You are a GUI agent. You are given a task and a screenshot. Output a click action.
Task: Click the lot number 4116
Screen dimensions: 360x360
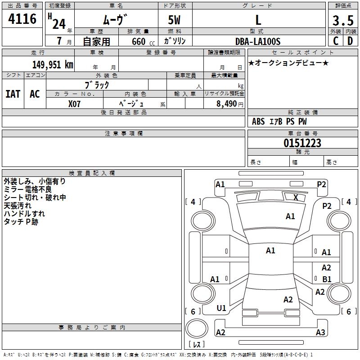(x=22, y=19)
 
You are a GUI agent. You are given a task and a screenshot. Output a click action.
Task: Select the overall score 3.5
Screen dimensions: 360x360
(x=342, y=21)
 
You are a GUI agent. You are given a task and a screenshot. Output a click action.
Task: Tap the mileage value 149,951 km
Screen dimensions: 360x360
(x=53, y=65)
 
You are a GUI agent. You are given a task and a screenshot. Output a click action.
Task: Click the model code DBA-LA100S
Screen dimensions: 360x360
(x=258, y=41)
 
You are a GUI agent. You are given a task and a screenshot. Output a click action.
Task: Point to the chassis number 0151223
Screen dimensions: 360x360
(x=302, y=144)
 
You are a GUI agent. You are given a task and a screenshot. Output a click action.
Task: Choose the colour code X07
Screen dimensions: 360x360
(x=74, y=103)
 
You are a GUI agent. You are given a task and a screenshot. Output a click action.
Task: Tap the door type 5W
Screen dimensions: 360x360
(x=174, y=21)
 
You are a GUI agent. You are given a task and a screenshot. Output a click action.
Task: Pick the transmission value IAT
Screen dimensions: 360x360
(x=13, y=94)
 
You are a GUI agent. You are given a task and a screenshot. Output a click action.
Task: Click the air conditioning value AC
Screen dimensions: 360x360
(x=35, y=94)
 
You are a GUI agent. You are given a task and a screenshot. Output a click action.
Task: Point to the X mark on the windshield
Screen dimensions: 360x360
(x=296, y=197)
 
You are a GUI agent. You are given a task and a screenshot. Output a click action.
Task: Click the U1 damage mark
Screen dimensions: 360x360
(x=221, y=308)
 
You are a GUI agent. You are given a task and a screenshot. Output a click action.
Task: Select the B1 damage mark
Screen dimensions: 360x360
(x=327, y=279)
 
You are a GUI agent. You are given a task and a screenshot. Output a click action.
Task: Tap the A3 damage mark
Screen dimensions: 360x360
(x=320, y=333)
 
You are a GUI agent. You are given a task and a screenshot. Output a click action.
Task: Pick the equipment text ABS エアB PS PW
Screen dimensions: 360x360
(x=279, y=121)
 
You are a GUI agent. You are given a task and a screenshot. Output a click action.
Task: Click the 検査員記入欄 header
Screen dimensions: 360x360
(x=92, y=173)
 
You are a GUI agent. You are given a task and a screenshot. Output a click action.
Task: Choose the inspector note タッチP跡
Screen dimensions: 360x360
(x=21, y=222)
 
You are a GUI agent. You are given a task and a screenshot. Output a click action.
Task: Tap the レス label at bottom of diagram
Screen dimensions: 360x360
(x=198, y=344)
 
